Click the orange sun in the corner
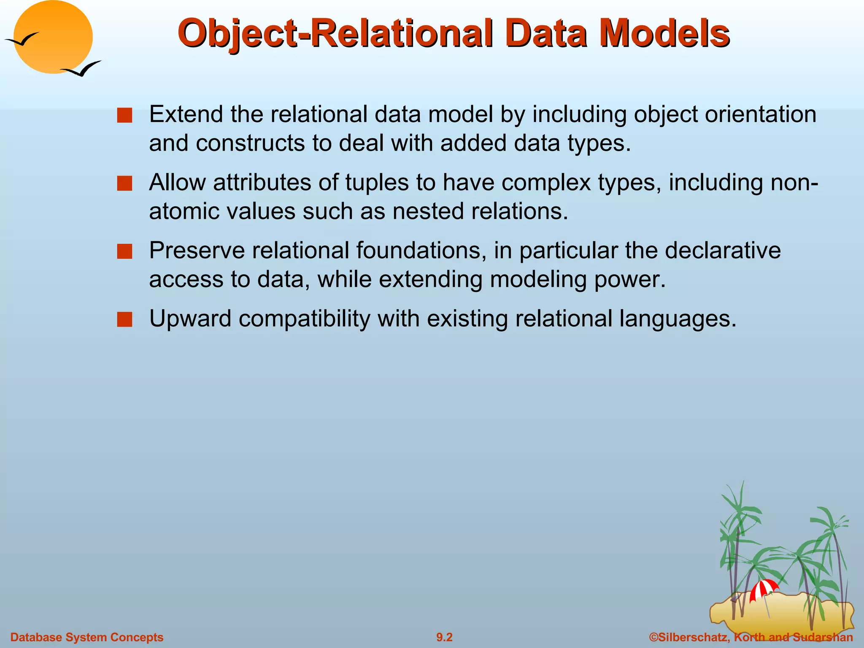coord(53,37)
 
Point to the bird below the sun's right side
coord(82,69)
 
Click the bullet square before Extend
coord(124,115)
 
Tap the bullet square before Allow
coord(124,184)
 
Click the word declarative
coord(723,250)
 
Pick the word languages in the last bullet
coord(678,319)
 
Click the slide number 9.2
coord(444,637)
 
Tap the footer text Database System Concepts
coord(86,637)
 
